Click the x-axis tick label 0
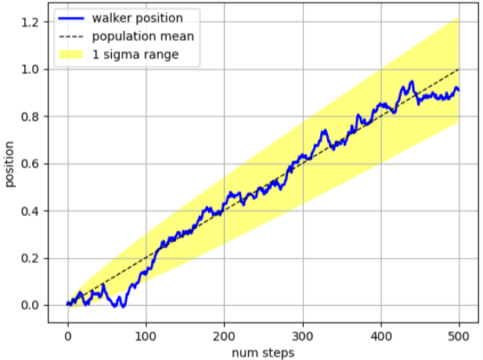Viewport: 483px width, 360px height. coord(68,337)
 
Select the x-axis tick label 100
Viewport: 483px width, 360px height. coord(146,337)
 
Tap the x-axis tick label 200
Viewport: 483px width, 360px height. coord(225,337)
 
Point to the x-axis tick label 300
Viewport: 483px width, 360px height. coord(303,337)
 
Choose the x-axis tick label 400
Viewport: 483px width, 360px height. coord(380,337)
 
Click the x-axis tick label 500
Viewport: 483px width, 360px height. coord(459,337)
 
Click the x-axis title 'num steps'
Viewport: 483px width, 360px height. coord(263,352)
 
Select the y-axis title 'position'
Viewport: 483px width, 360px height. coord(10,165)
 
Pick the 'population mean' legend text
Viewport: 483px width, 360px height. coord(142,35)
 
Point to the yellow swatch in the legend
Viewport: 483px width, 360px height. coord(76,54)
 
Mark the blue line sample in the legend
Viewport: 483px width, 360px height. coord(76,16)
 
